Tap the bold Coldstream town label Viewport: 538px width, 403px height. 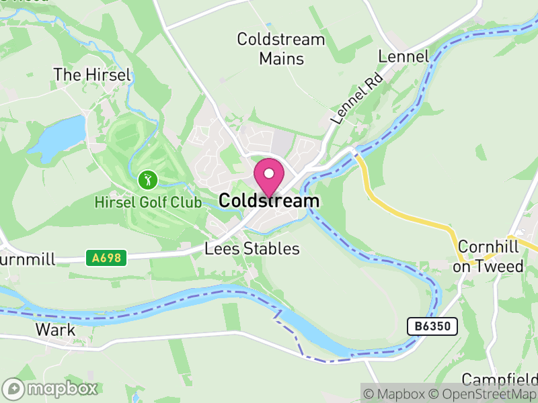pyautogui.click(x=269, y=201)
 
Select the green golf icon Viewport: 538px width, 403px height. pyautogui.click(x=148, y=179)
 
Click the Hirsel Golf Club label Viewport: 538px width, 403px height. pyautogui.click(x=147, y=201)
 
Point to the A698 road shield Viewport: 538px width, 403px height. pyautogui.click(x=97, y=257)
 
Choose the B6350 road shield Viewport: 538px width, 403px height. pyautogui.click(x=432, y=326)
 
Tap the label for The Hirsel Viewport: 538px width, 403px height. pyautogui.click(x=92, y=75)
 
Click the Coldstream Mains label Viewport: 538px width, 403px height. pyautogui.click(x=281, y=49)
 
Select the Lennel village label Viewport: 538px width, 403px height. pyautogui.click(x=403, y=56)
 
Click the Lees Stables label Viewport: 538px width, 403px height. pyautogui.click(x=252, y=249)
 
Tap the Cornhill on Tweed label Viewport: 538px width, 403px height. pyautogui.click(x=488, y=257)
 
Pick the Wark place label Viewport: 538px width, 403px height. pyautogui.click(x=55, y=330)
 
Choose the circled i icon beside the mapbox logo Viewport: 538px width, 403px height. pyautogui.click(x=12, y=388)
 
